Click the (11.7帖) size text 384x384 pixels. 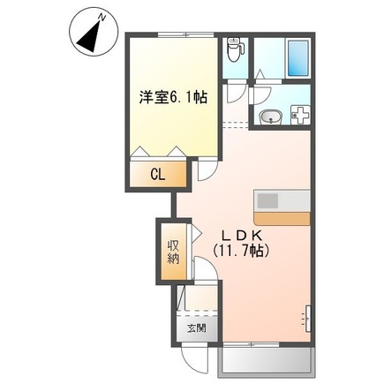(240, 252)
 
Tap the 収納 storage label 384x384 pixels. (174, 252)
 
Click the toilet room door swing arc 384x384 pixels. (236, 91)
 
